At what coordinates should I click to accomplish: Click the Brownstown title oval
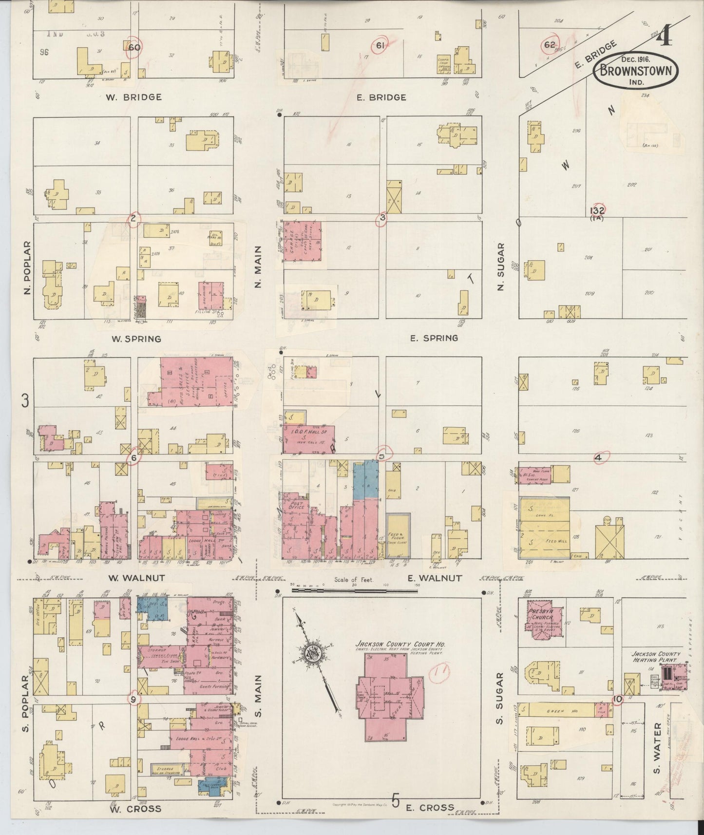(x=635, y=72)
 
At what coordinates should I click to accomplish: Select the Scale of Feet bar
(x=355, y=590)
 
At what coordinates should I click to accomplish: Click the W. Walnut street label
(x=136, y=578)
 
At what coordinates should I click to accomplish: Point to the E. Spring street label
(x=434, y=338)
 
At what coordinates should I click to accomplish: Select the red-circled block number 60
(x=133, y=47)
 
